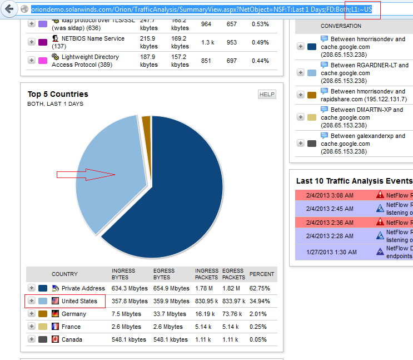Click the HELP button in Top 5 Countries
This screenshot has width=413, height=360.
[267, 95]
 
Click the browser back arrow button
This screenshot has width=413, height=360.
[9, 9]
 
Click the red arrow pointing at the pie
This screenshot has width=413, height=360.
[86, 175]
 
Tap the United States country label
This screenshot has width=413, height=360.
[78, 301]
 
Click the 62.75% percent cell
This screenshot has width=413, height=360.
[260, 288]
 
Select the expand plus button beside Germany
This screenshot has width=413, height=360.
[32, 314]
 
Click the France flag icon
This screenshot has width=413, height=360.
[56, 327]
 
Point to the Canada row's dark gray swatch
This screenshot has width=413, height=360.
[43, 339]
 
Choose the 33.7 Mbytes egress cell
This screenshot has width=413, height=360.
[171, 314]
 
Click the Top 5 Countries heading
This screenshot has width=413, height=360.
[58, 94]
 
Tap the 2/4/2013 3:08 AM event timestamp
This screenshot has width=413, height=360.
[330, 195]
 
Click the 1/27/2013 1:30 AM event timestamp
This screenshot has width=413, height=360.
[330, 251]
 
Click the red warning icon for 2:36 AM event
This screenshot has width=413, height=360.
[380, 223]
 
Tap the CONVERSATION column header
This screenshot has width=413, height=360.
[341, 26]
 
